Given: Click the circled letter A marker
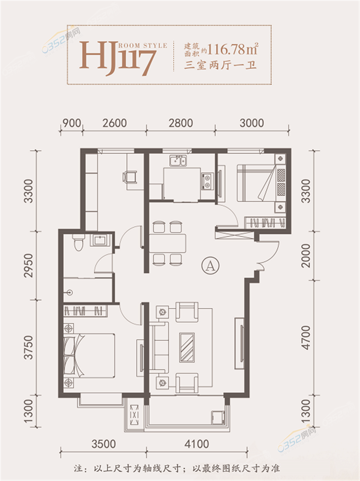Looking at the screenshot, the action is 210,266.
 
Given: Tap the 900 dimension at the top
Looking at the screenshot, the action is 72,123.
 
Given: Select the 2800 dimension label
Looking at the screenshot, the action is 181,123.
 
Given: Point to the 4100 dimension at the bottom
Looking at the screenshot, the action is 197,444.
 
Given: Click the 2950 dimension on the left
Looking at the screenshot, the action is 28,266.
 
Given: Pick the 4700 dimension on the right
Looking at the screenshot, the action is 306,337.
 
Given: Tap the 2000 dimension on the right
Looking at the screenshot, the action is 306,256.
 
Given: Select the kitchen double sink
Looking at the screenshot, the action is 178,161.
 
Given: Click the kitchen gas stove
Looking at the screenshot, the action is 207,181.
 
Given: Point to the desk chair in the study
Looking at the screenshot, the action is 130,177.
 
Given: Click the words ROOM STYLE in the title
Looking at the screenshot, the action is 143,46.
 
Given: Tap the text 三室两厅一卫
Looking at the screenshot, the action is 220,65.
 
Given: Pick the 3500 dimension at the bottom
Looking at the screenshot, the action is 103,444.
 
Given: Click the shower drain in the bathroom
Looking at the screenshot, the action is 70,292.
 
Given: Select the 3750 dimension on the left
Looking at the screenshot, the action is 28,348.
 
